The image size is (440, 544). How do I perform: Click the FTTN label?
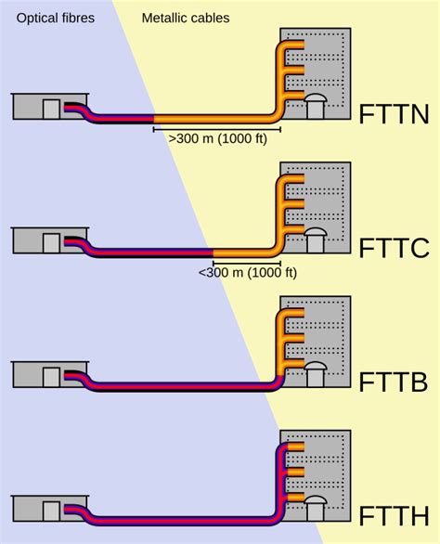[x=395, y=114]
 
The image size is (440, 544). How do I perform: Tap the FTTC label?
[x=395, y=248]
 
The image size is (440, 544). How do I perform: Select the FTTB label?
[x=395, y=382]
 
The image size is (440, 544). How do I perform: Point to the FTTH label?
[x=395, y=515]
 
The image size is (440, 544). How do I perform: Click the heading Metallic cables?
[x=185, y=18]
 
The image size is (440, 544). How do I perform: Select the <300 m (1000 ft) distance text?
[x=247, y=272]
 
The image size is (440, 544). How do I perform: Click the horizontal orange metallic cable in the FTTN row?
[x=214, y=119]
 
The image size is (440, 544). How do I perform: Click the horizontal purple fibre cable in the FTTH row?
[x=186, y=520]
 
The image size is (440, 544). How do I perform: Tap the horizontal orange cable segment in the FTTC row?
[x=243, y=253]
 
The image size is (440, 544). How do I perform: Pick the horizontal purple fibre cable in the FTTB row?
[x=186, y=386]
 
